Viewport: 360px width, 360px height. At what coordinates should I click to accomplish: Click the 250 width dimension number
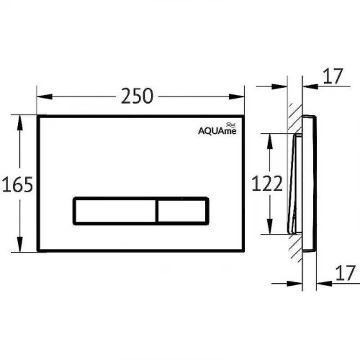[x=137, y=96]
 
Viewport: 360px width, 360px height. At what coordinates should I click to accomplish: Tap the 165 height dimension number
[x=17, y=184]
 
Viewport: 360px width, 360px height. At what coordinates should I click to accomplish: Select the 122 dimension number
[x=267, y=184]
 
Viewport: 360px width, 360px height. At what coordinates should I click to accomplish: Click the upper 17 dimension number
[x=333, y=76]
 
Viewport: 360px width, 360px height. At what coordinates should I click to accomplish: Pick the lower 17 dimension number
[x=346, y=273]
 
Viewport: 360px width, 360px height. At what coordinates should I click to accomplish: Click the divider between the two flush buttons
[x=157, y=211]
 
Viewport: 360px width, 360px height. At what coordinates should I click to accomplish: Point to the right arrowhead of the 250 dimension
[x=236, y=96]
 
